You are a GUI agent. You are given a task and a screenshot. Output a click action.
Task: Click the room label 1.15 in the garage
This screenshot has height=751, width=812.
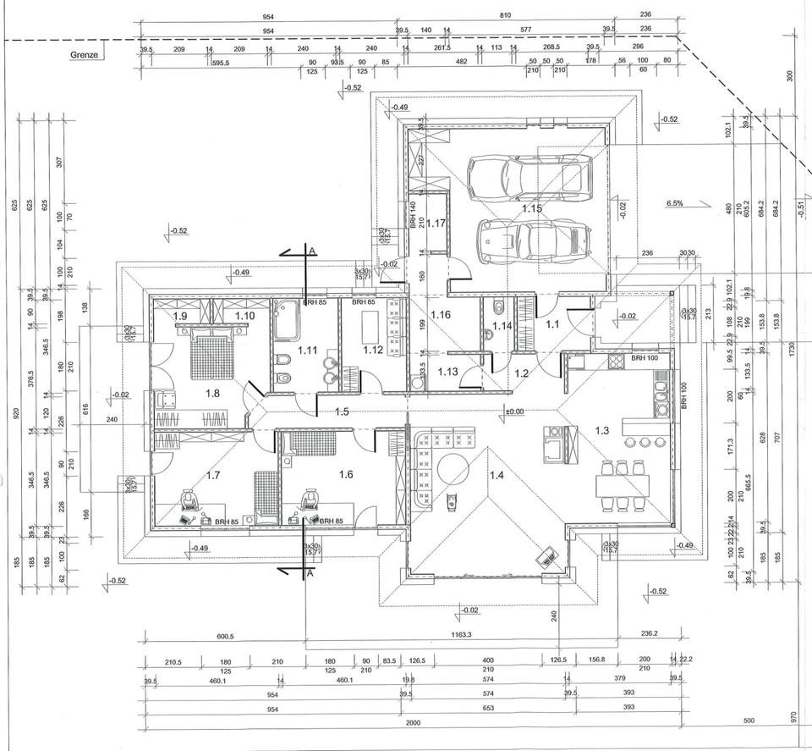click(531, 208)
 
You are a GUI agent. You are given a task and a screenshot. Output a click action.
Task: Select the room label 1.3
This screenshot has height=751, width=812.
click(601, 431)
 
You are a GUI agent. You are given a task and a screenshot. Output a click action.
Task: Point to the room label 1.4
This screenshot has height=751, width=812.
click(497, 474)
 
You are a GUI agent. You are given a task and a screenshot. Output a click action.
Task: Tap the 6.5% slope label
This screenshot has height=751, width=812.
click(674, 204)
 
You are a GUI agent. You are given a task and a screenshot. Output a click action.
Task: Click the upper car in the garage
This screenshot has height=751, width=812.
click(529, 176)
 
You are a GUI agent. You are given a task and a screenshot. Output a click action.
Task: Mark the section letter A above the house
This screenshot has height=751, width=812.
click(312, 251)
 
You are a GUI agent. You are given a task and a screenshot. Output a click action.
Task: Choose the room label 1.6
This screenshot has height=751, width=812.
click(345, 474)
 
